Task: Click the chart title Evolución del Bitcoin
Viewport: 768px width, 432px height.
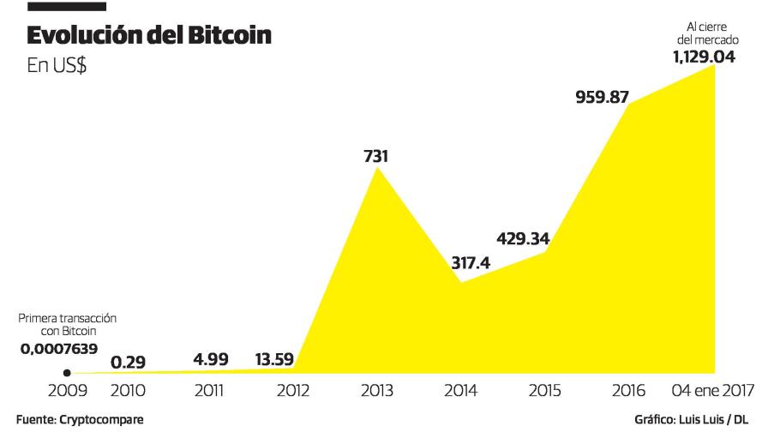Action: [151, 37]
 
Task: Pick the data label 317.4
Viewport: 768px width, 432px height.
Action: [471, 263]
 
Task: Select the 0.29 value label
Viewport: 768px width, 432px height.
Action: [128, 363]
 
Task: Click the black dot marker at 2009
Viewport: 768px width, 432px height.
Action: [67, 373]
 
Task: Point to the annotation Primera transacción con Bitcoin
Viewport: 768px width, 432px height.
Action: [68, 324]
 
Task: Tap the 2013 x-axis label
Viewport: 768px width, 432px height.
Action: [377, 391]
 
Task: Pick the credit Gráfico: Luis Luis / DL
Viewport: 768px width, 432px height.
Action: [697, 421]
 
